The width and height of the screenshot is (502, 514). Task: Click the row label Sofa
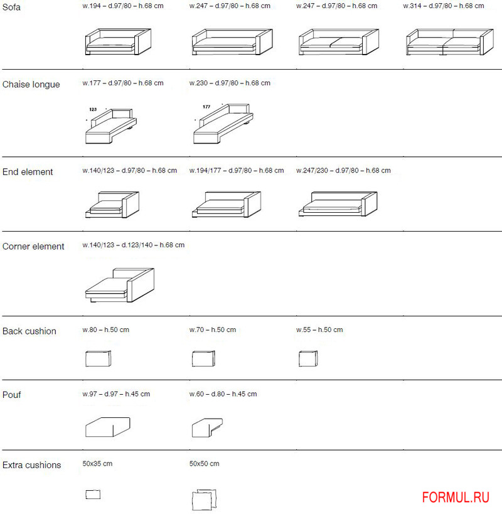click(11, 7)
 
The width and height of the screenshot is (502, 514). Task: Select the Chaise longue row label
click(31, 85)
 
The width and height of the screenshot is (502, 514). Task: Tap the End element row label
click(28, 172)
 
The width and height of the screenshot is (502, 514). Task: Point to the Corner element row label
click(33, 247)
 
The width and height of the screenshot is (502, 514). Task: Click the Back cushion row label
click(29, 331)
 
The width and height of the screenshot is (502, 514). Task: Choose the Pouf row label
click(12, 395)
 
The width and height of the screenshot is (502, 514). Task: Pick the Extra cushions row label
click(32, 465)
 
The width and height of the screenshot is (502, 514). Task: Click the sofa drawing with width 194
click(117, 42)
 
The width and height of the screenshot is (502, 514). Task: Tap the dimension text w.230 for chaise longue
click(230, 83)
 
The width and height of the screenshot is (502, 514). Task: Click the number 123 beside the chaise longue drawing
click(93, 109)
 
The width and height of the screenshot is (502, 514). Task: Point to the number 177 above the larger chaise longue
click(206, 107)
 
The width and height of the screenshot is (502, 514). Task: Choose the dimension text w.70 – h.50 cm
click(213, 330)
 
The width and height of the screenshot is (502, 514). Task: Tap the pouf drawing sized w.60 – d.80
click(206, 427)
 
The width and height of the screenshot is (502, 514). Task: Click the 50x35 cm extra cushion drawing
click(93, 495)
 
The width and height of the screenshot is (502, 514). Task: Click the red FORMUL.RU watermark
click(456, 498)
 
